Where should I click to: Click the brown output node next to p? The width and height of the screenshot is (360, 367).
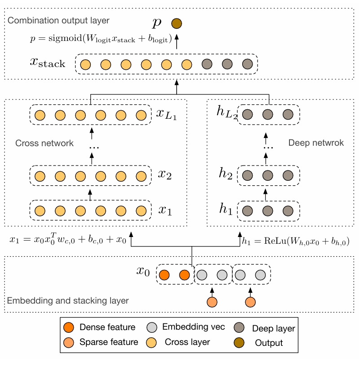tap(177, 22)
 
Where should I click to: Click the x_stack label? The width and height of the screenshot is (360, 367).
tap(47, 63)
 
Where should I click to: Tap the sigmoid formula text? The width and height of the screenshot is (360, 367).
tap(100, 39)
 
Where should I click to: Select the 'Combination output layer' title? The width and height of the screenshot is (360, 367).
tap(58, 21)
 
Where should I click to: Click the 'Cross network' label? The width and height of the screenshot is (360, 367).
tap(44, 143)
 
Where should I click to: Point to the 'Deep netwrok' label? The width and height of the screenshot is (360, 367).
tap(316, 143)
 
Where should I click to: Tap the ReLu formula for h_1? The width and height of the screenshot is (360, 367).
tap(296, 242)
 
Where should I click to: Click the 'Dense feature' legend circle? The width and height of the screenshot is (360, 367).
tap(68, 327)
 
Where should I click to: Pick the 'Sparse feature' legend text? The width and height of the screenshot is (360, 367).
tap(109, 342)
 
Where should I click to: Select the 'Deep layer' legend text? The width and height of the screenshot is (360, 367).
tap(273, 328)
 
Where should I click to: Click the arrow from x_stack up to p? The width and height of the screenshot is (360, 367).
tap(177, 42)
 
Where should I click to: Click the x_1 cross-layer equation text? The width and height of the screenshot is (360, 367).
tap(68, 240)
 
